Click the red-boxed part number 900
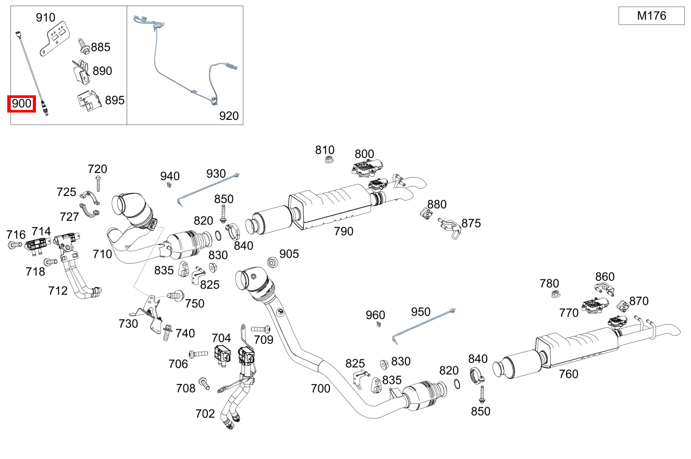(21, 104)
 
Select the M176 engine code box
(651, 16)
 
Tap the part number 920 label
(229, 116)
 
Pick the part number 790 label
(343, 231)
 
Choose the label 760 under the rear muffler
(569, 374)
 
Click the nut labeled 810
(329, 160)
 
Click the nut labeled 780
(556, 295)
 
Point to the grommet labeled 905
(272, 261)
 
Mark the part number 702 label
(205, 414)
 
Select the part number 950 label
(421, 312)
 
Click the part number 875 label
(471, 224)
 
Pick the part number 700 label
(320, 388)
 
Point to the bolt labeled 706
(198, 354)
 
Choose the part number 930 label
(216, 173)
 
